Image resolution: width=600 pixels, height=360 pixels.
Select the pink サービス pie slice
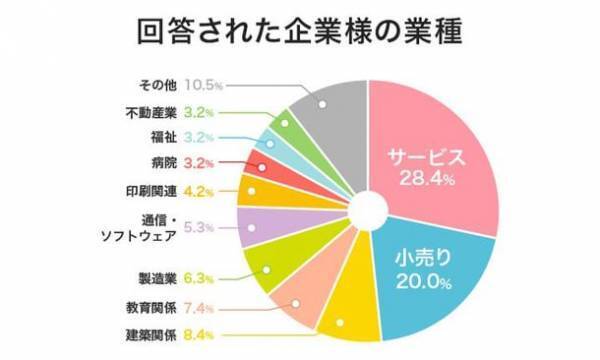(440, 150)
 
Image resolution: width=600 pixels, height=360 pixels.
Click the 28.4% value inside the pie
(422, 181)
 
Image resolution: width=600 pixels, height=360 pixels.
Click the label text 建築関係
(151, 334)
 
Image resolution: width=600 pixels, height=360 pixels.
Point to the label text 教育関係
(151, 306)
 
